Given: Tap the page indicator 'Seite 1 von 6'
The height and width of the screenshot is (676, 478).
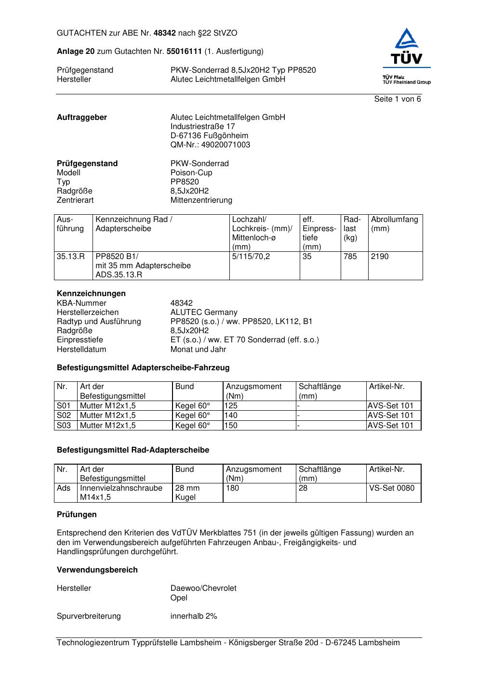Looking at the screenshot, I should [x=397, y=99].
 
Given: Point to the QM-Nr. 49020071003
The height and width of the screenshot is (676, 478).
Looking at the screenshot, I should [x=210, y=145].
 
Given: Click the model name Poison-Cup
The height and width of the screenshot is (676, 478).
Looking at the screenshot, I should [x=191, y=173].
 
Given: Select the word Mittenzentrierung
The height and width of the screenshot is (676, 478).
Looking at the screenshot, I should [x=201, y=200].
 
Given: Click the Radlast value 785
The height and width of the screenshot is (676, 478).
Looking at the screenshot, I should [x=350, y=257].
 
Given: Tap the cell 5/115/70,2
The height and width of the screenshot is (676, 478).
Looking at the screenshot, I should [x=251, y=257].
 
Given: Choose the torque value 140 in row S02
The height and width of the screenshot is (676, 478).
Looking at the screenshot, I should [x=231, y=416].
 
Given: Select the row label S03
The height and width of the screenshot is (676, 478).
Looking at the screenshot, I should [x=64, y=426].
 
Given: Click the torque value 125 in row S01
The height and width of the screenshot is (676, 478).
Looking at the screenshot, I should [x=231, y=406].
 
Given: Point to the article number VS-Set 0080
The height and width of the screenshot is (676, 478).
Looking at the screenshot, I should [x=391, y=488].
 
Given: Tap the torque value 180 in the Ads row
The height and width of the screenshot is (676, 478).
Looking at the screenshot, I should [x=232, y=488].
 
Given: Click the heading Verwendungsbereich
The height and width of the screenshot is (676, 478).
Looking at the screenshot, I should [x=97, y=570].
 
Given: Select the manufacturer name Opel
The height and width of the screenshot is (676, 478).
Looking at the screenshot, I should [x=179, y=598].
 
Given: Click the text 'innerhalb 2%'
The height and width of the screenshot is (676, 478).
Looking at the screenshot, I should [x=193, y=616].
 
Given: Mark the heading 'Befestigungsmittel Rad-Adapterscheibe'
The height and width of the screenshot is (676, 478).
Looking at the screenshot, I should [x=133, y=450].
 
